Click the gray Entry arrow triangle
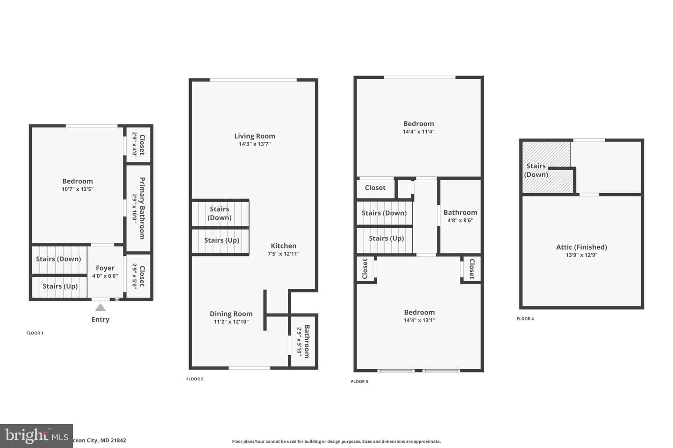point(100,308)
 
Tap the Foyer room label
point(105,268)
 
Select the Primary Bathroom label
point(142,208)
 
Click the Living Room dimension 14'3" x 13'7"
point(255,144)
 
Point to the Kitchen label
point(284,246)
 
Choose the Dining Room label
point(231,314)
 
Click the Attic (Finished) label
point(582,247)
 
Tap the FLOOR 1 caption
point(35,333)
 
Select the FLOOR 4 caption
point(525,319)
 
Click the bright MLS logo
point(36,436)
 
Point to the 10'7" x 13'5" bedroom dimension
point(78,189)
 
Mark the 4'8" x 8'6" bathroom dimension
point(460,220)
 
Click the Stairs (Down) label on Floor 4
point(536,170)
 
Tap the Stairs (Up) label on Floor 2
point(222,240)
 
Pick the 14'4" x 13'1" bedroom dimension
point(419,320)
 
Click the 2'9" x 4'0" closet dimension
point(135,145)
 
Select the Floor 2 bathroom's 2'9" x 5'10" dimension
point(299,342)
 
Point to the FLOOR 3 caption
point(360,381)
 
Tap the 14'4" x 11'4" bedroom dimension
point(419,132)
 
